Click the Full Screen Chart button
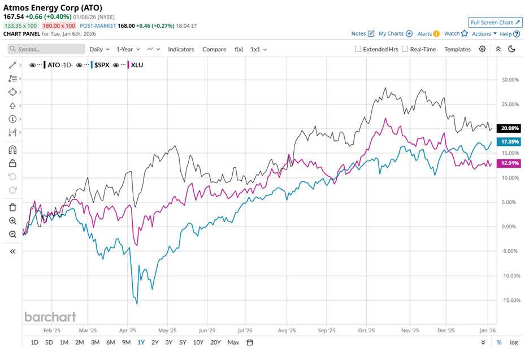pyautogui.click(x=495, y=23)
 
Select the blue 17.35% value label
pyautogui.click(x=509, y=141)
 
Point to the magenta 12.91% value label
pyautogui.click(x=509, y=163)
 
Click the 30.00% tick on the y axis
pyautogui.click(x=510, y=80)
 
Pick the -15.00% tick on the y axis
pyautogui.click(x=510, y=300)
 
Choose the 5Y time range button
pyautogui.click(x=183, y=342)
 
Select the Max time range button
pyautogui.click(x=233, y=342)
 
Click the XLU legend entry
pyautogui.click(x=137, y=65)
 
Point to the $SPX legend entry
pyautogui.click(x=101, y=65)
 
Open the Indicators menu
pyautogui.click(x=181, y=49)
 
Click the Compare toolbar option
pyautogui.click(x=214, y=49)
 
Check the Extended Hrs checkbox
pyautogui.click(x=358, y=49)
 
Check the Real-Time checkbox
pyautogui.click(x=405, y=49)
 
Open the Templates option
pyautogui.click(x=457, y=49)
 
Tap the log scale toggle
pyautogui.click(x=513, y=342)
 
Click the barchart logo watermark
pyautogui.click(x=50, y=316)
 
